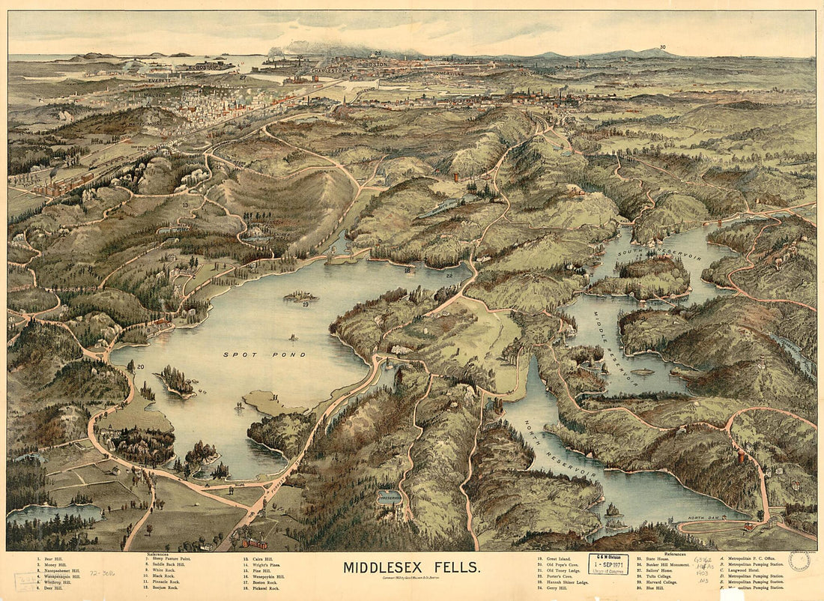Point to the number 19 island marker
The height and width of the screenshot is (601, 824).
pos(306,304)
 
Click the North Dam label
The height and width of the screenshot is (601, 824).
pos(703,517)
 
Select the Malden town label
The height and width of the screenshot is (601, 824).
pos(150,95)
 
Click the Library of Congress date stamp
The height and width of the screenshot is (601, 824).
pos(608,564)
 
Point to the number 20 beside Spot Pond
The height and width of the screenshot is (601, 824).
pos(140,366)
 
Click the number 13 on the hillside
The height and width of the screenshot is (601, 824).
pos(184,204)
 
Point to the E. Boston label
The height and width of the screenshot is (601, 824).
pos(202,67)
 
